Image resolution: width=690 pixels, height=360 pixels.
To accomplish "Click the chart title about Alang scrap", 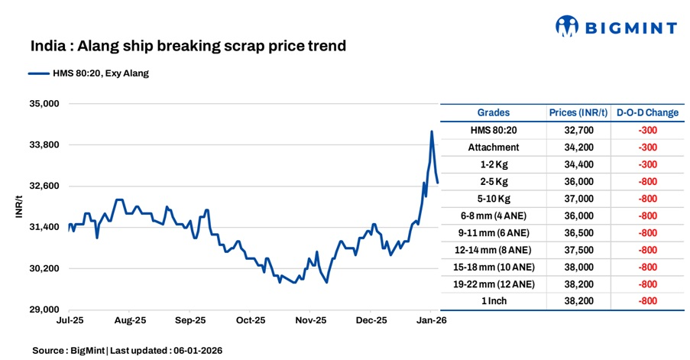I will tap(188, 47).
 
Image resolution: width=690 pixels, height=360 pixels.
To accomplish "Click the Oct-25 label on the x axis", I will tap(250, 321).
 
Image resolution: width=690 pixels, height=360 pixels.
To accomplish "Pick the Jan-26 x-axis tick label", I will tap(430, 321).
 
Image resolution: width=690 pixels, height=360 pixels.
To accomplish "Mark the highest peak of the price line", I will tap(432, 131).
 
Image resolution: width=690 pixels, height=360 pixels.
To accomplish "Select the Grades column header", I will tap(494, 112).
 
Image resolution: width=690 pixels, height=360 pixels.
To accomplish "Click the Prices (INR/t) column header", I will tap(578, 112).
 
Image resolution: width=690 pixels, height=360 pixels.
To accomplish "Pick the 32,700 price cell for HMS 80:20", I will tap(578, 130).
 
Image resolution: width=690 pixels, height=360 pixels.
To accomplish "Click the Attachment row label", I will tap(494, 148).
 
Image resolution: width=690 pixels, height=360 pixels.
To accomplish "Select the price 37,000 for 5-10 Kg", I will tap(578, 199).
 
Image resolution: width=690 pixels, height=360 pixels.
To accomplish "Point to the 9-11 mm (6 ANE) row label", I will tap(494, 232).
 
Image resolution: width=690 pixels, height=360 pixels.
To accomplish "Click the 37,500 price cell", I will tap(578, 250).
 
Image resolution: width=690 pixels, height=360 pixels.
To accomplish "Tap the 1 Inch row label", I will tap(494, 301).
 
